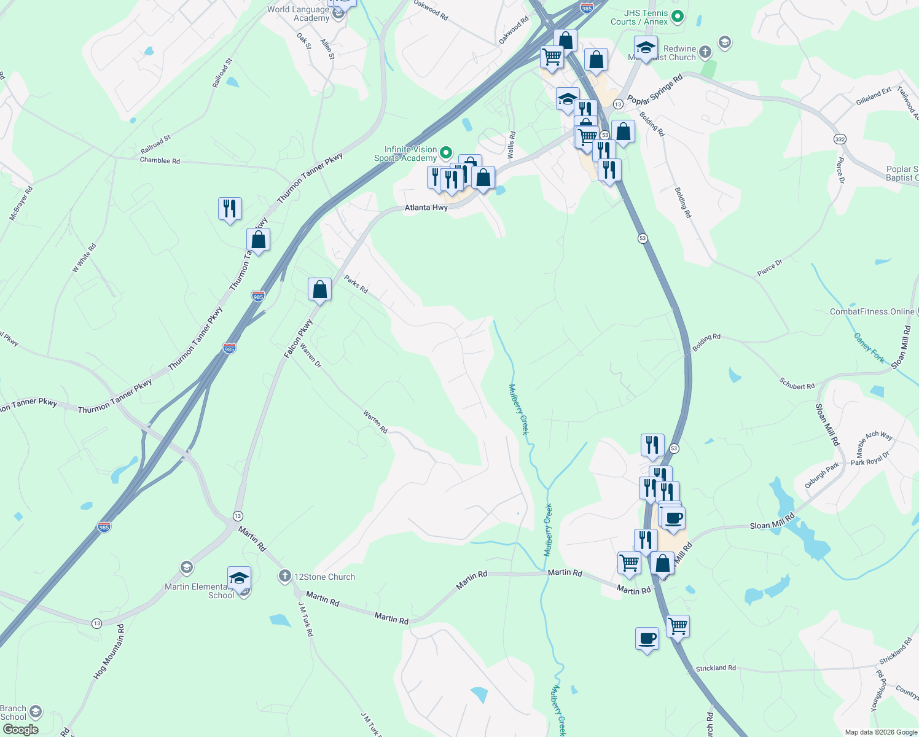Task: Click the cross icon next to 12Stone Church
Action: pos(284,576)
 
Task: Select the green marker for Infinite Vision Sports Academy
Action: pos(447,152)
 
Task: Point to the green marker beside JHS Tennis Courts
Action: pos(678,16)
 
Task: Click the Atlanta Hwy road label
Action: pos(426,208)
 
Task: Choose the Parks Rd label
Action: pos(356,284)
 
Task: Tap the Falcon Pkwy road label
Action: pos(299,339)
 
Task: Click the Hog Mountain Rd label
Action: pos(109,652)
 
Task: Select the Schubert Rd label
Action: pos(797,384)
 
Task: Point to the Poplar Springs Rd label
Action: pos(655,90)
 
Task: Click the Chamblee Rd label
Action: pos(160,161)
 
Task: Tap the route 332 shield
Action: pos(840,139)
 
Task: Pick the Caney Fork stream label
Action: pos(869,348)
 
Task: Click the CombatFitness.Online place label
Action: pos(872,312)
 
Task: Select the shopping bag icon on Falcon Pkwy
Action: pos(319,289)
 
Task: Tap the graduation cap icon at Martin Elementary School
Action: pos(239,578)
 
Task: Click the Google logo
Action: pos(21,730)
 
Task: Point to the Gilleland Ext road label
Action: pos(873,96)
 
